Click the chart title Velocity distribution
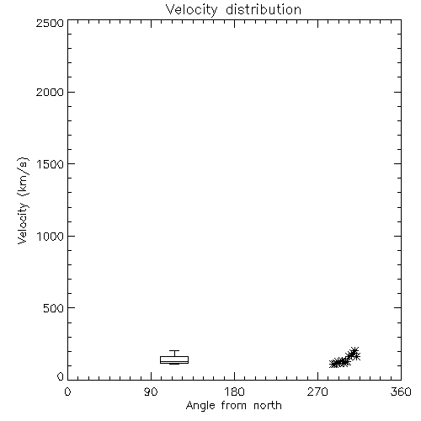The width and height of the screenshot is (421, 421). tap(233, 10)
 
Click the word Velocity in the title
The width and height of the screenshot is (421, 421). tap(191, 10)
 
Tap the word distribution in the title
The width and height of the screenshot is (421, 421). tap(264, 9)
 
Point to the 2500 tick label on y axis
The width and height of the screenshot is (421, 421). tap(50, 23)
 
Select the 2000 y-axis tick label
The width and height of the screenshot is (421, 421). tap(50, 92)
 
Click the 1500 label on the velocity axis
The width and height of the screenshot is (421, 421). tap(51, 164)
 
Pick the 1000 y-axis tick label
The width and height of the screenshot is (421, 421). tap(51, 236)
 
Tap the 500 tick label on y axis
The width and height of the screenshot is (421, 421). tap(54, 308)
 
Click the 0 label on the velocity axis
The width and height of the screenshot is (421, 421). tap(61, 376)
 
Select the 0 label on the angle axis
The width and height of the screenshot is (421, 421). tap(67, 392)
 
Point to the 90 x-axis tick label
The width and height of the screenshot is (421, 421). tap(151, 392)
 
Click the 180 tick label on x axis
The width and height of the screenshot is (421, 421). tap(234, 392)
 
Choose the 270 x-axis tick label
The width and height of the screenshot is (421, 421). tap(317, 392)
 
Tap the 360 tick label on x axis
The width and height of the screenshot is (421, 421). tap(401, 392)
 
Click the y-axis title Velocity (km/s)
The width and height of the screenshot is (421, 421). tap(23, 200)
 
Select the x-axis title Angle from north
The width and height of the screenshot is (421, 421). tap(234, 406)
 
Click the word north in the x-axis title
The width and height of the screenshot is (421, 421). tap(268, 406)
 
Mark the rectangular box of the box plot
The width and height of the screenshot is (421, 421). tap(174, 356)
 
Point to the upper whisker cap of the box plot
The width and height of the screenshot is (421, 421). tap(174, 350)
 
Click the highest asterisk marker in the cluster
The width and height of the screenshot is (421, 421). tap(354, 351)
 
